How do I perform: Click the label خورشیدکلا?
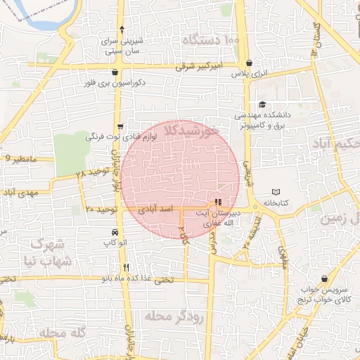[x=191, y=131]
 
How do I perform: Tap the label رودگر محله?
[x=173, y=316]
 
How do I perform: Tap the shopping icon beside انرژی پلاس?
[x=250, y=62]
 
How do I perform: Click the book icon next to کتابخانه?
[x=276, y=192]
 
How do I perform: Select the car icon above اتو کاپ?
[x=114, y=232]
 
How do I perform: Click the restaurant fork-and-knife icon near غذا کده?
[x=127, y=267]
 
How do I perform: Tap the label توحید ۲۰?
[x=100, y=210]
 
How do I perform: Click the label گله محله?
[x=62, y=333]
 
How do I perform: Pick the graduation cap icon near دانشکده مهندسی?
[x=262, y=104]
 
